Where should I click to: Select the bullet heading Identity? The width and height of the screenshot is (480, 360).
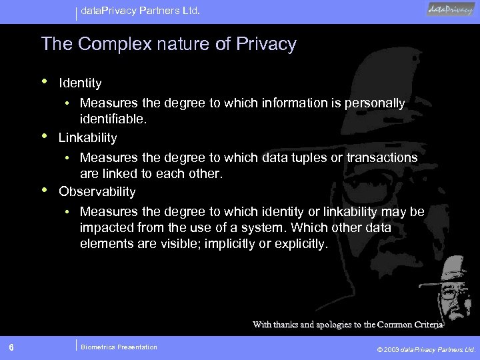pyautogui.click(x=80, y=83)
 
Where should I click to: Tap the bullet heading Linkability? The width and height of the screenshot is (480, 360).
pyautogui.click(x=87, y=138)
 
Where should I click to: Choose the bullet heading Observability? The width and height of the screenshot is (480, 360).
pyautogui.click(x=97, y=192)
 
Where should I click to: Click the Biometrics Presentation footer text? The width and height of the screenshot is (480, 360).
pyautogui.click(x=119, y=347)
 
